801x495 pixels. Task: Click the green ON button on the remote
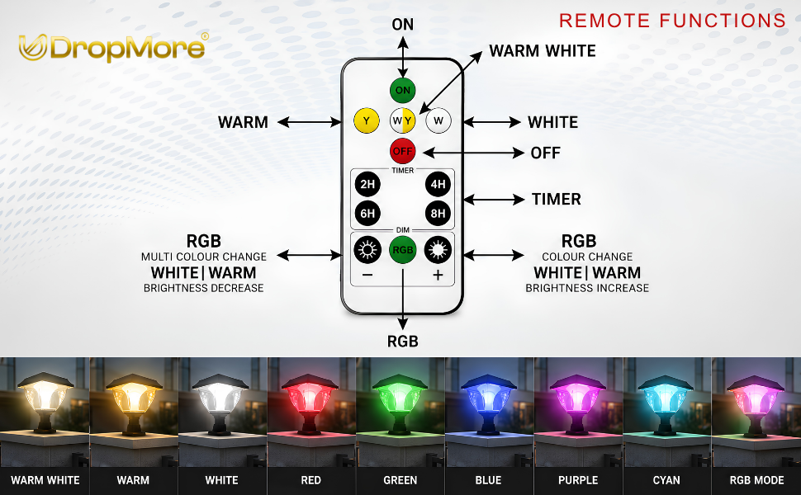point(402,90)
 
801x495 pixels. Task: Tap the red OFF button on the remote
point(402,151)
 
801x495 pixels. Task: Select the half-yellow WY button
point(402,121)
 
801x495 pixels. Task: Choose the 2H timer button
point(367,184)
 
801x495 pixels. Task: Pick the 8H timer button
point(438,214)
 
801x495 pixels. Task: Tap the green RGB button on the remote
point(402,250)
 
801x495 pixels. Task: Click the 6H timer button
point(367,214)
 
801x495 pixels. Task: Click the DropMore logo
point(113,48)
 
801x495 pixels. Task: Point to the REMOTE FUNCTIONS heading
point(672,21)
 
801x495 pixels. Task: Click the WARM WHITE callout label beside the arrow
point(543,51)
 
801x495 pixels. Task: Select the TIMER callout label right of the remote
point(557,199)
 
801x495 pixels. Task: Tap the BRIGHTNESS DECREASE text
point(203,288)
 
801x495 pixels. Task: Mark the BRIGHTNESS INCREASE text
point(587,288)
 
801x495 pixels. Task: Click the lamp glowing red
point(310,403)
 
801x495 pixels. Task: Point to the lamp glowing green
point(399,403)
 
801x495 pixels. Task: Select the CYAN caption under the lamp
point(666,480)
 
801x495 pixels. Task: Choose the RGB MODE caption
point(756,480)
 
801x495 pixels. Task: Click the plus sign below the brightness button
point(438,276)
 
